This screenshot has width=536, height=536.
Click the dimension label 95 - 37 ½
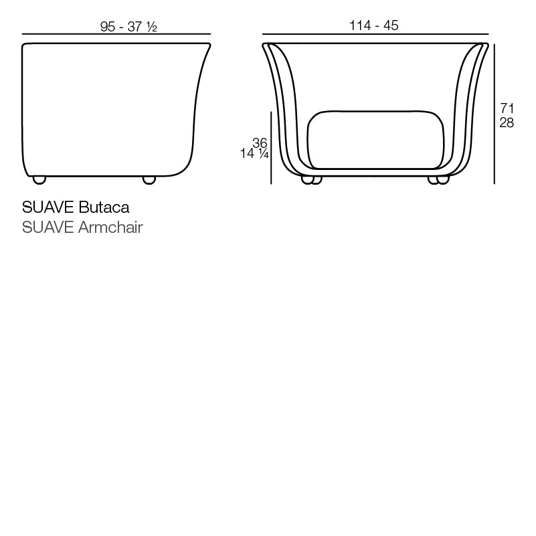[129, 26]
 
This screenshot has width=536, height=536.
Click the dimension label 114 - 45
[374, 25]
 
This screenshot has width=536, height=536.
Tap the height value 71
[507, 108]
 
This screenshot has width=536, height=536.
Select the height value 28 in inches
[507, 123]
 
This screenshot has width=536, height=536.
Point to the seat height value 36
[260, 142]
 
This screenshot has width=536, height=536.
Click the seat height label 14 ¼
[254, 154]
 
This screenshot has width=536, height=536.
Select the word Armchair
[110, 228]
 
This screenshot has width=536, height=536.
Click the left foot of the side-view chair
[39, 179]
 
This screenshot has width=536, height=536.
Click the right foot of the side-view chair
[149, 179]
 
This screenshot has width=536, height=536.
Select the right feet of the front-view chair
[438, 179]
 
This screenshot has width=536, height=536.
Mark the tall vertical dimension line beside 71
[494, 114]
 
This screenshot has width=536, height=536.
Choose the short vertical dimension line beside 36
[271, 147]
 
